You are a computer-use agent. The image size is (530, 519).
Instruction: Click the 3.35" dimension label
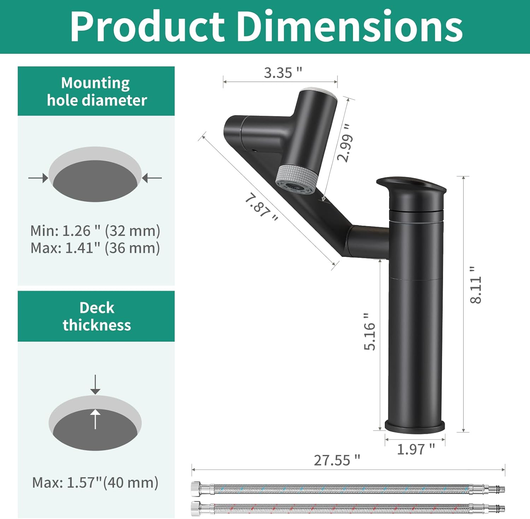[283, 73]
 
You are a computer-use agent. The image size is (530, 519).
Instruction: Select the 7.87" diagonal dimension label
[261, 207]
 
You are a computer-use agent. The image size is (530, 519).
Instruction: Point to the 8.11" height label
[476, 285]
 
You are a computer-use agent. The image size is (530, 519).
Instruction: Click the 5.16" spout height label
[370, 331]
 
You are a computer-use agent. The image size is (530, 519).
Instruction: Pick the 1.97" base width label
[416, 449]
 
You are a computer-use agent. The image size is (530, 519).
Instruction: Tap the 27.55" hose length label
[337, 460]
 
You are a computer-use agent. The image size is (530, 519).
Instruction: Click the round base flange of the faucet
[415, 426]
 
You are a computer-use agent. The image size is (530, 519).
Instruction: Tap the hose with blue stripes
[348, 489]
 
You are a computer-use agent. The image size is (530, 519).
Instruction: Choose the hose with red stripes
[348, 508]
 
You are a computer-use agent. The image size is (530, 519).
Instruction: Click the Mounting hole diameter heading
[96, 92]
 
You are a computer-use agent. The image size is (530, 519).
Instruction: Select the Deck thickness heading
[96, 316]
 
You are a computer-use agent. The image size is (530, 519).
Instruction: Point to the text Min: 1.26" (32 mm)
[95, 231]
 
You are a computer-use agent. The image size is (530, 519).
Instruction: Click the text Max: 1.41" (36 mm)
[95, 248]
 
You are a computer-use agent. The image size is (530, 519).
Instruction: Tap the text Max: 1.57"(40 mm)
[95, 482]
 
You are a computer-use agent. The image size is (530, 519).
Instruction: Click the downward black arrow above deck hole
[95, 385]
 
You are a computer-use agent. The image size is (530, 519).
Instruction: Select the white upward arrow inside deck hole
[95, 419]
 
